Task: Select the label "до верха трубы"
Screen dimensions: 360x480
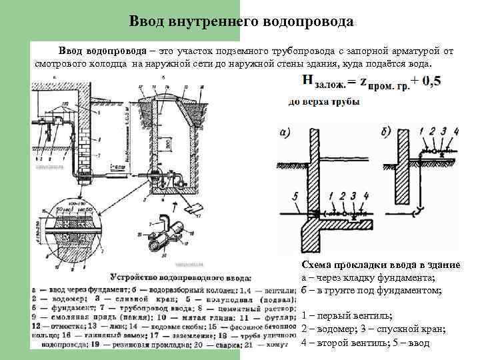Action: coord(324,102)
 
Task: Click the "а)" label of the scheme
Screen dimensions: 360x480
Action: coord(285,133)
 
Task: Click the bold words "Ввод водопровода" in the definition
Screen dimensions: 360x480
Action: coord(102,51)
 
